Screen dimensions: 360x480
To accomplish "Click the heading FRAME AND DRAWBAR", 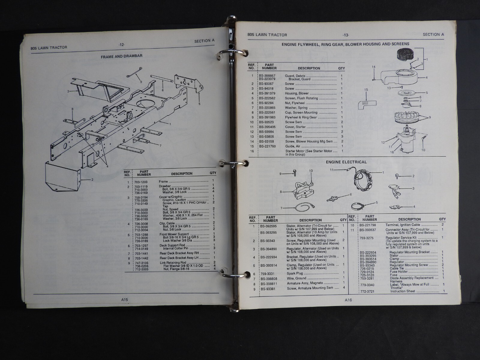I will pos(121,56).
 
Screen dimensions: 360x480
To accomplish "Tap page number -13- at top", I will pos(346,35).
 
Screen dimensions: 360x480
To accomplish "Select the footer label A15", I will pos(124,299).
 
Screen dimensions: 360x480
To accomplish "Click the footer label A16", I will pos(348,300).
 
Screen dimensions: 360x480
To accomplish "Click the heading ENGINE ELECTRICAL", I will pos(346,162).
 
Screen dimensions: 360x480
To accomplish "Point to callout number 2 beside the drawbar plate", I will pos(92,180).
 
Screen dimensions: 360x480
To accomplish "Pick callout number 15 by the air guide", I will pos(366,90).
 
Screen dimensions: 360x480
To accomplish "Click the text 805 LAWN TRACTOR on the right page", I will pos(267,35).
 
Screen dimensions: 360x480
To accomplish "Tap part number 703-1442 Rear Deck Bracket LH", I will pos(141,258).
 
